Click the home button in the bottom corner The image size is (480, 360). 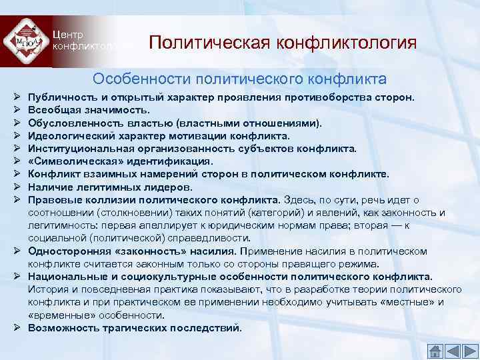coord(435,350)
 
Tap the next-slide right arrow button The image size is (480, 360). coord(469,350)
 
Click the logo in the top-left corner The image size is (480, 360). coord(26,41)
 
